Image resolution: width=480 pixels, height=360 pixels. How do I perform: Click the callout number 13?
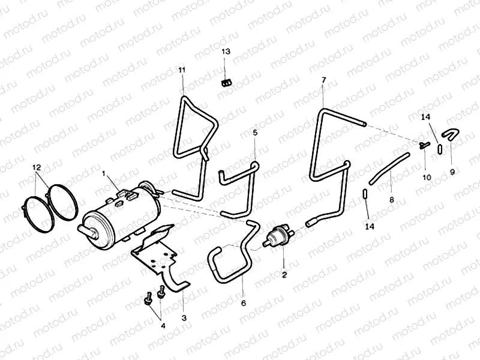pos(226,52)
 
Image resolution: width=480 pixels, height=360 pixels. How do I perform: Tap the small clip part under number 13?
pos(226,82)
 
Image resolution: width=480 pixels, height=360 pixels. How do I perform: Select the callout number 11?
pos(182,70)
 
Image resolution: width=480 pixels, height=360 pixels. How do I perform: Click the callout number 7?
pos(323,80)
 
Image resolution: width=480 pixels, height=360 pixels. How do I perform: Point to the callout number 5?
pos(254,133)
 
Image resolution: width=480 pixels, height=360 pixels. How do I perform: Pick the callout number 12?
pos(37,166)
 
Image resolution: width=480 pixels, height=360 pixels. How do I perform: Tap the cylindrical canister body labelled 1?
pos(123,212)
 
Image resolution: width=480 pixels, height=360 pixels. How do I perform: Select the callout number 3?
pos(184,317)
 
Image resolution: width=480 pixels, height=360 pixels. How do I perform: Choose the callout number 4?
pos(162,326)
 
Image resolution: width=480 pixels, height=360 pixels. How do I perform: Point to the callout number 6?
pos(244,303)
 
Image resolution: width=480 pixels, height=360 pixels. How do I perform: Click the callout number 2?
pos(284,275)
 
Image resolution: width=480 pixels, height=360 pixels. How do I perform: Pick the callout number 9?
pos(452,171)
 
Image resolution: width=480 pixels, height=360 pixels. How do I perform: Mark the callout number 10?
pos(427,178)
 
